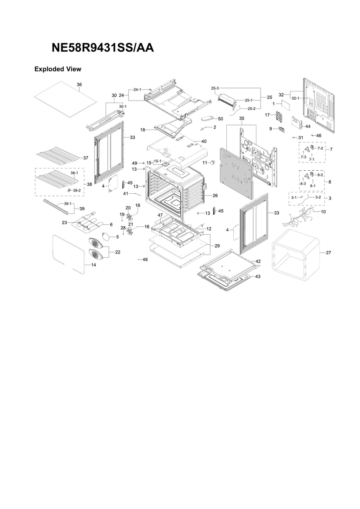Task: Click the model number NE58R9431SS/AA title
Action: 103,48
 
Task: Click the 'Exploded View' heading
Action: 58,69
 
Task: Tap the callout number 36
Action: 79,84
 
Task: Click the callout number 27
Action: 329,253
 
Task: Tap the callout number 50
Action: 220,119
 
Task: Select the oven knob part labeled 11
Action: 213,162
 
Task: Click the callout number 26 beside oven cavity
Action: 215,196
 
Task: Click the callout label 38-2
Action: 77,190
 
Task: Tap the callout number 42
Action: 258,261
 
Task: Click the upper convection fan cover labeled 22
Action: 98,244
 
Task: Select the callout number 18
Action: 143,130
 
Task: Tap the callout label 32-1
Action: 295,98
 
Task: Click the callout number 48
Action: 145,260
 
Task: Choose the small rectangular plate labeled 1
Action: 285,104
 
